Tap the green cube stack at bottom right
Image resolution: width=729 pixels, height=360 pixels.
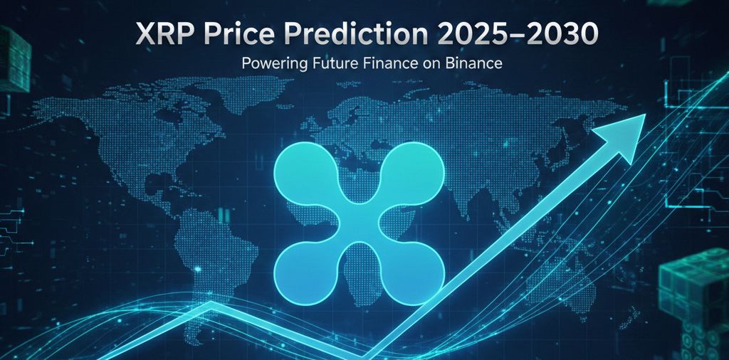694,299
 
